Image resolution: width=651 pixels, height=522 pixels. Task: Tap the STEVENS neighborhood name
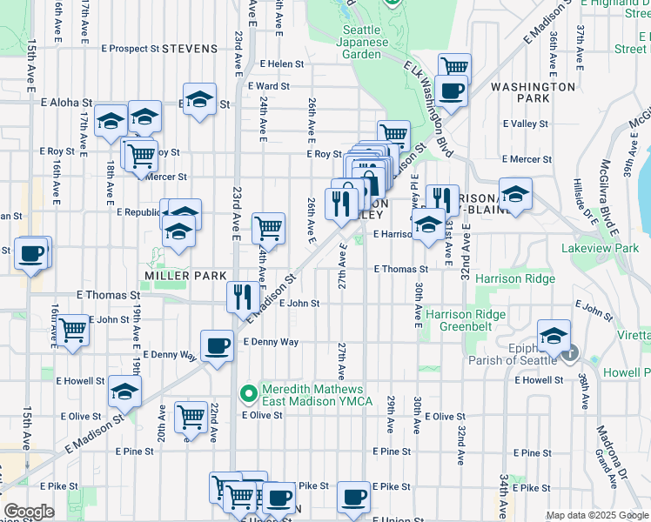[189, 49]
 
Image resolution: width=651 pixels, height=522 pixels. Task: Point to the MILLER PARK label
[173, 275]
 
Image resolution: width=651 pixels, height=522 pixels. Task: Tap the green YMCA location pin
[249, 394]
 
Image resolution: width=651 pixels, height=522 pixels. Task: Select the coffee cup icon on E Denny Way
[217, 345]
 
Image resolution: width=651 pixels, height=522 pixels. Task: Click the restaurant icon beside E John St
[241, 297]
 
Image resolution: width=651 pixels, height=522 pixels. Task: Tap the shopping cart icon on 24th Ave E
[269, 228]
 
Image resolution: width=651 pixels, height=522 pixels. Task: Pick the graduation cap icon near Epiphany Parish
[554, 334]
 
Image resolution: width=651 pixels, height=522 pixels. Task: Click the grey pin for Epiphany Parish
[570, 353]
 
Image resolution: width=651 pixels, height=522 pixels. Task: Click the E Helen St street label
[282, 64]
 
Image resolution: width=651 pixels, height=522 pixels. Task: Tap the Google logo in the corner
[29, 512]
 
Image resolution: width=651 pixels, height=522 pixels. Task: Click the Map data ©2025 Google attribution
[597, 515]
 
